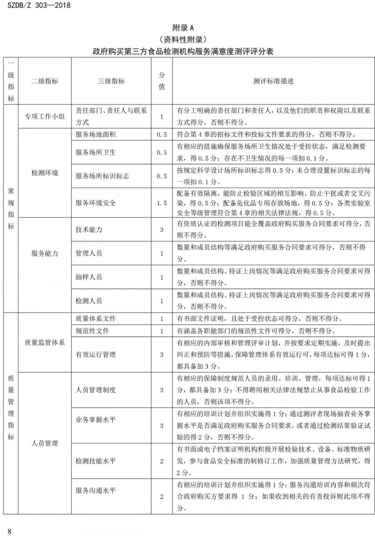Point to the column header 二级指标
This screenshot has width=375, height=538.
coord(45,81)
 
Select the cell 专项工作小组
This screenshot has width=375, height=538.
coord(45,117)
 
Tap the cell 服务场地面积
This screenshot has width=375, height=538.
coord(96,134)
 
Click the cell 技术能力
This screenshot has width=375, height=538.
coord(89,230)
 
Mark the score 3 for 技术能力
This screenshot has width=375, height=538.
coord(162,230)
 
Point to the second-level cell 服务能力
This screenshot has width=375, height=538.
coord(45,254)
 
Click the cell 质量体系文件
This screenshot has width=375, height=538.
coord(96,319)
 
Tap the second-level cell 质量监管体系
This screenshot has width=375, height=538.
coord(45,343)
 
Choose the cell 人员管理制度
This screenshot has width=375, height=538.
coord(96,390)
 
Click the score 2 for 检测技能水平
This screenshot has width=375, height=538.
coord(162,461)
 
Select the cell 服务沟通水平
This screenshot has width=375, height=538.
coord(96,491)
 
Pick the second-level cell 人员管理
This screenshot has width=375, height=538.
coord(45,443)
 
